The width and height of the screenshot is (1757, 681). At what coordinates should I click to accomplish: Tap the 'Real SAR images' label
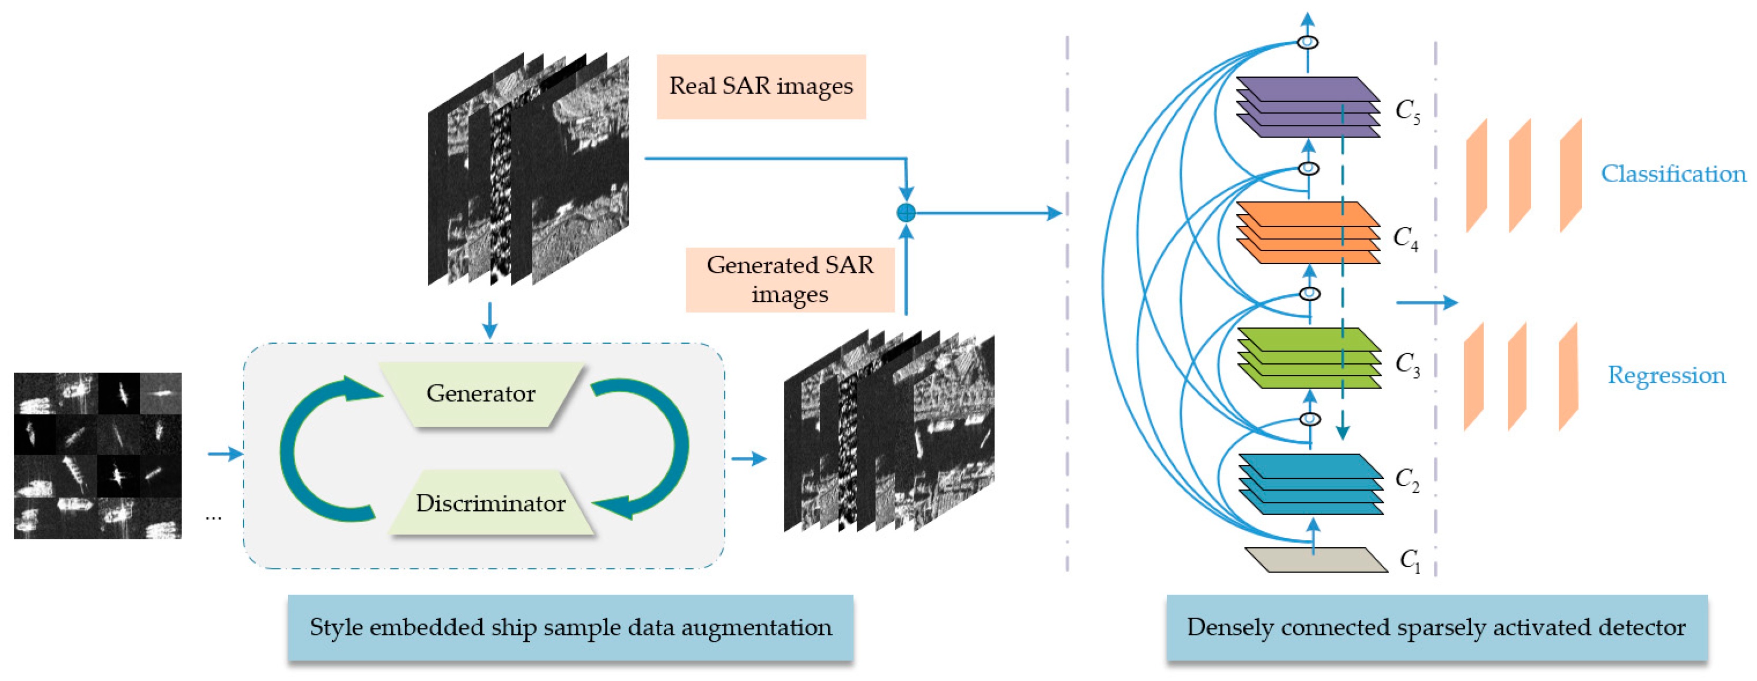pyautogui.click(x=760, y=87)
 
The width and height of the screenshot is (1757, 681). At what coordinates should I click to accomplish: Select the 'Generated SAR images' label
pyautogui.click(x=789, y=280)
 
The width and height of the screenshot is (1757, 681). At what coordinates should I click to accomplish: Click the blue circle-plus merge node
pyautogui.click(x=906, y=213)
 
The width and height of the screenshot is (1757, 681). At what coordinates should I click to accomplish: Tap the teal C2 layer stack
pyautogui.click(x=1310, y=484)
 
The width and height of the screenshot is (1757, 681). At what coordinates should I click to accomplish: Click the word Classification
pyautogui.click(x=1673, y=174)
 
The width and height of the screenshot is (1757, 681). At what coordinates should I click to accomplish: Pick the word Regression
pyautogui.click(x=1666, y=375)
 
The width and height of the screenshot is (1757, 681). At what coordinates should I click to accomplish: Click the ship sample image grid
pyautogui.click(x=97, y=455)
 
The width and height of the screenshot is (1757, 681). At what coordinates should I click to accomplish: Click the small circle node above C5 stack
pyautogui.click(x=1307, y=42)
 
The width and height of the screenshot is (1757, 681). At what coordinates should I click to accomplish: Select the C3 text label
pyautogui.click(x=1407, y=364)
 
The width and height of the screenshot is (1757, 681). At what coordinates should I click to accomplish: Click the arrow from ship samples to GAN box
pyautogui.click(x=226, y=454)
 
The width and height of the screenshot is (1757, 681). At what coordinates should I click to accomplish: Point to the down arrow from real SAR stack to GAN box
pyautogui.click(x=489, y=321)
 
